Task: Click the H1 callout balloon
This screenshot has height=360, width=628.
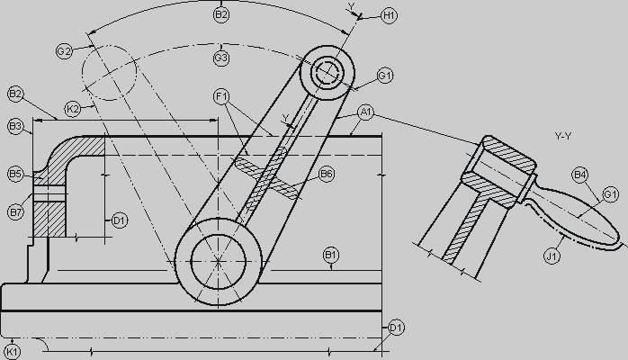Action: [x=389, y=15]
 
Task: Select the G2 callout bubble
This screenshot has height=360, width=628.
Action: [x=64, y=51]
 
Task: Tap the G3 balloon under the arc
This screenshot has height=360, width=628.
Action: [x=221, y=58]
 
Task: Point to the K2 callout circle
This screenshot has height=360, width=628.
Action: [x=73, y=109]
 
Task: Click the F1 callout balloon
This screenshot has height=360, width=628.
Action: [x=221, y=96]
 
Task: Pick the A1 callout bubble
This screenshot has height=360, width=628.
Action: [x=365, y=112]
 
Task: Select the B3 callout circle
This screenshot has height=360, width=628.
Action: [x=15, y=127]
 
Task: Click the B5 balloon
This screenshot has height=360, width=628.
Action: [x=15, y=175]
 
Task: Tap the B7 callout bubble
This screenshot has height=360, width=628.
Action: [x=15, y=211]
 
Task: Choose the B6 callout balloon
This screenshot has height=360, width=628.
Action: [x=327, y=174]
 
